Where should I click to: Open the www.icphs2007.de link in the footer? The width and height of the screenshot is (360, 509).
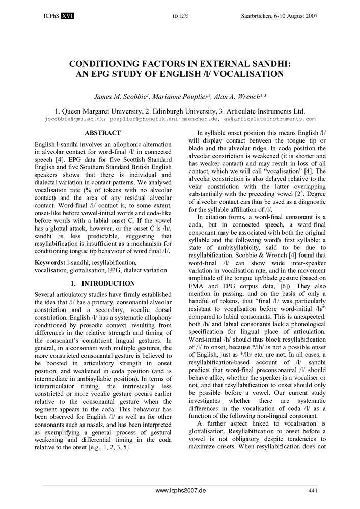click(x=180, y=491)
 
